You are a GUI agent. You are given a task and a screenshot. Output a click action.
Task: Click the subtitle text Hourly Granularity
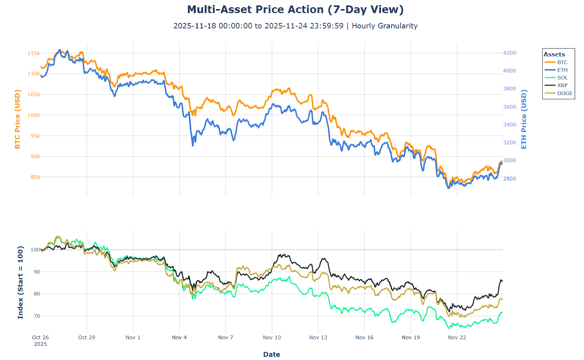point(384,26)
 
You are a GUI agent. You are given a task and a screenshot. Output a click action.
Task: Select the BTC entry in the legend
point(562,62)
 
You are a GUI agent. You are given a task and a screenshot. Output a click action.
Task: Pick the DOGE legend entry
point(565,93)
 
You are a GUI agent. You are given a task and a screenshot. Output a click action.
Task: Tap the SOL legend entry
point(562,78)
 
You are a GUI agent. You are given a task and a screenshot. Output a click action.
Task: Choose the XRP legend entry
point(562,85)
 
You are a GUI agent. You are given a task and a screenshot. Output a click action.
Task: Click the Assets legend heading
point(554,54)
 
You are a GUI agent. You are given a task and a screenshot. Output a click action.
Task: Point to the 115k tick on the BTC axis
point(34,53)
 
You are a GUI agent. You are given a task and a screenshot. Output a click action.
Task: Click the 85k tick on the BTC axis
point(35,177)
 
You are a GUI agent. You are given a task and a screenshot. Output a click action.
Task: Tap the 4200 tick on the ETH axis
point(510,53)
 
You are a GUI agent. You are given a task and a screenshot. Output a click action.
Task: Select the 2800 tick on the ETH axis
point(510,179)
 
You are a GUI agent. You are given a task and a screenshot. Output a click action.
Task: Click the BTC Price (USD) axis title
point(18,119)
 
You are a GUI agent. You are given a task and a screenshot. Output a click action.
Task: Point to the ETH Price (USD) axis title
point(524,119)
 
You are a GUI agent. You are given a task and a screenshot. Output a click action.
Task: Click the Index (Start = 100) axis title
point(20,282)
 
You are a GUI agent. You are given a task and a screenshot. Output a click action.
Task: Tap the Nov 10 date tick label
point(272,337)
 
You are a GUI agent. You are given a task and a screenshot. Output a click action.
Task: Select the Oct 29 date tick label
point(87,337)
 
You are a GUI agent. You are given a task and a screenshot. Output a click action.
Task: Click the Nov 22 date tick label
point(457,337)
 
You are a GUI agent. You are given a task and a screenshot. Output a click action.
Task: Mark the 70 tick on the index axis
point(37,316)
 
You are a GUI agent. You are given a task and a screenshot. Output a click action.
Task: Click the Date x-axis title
point(272,354)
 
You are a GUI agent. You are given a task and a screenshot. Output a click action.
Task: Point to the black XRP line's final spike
point(501,280)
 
